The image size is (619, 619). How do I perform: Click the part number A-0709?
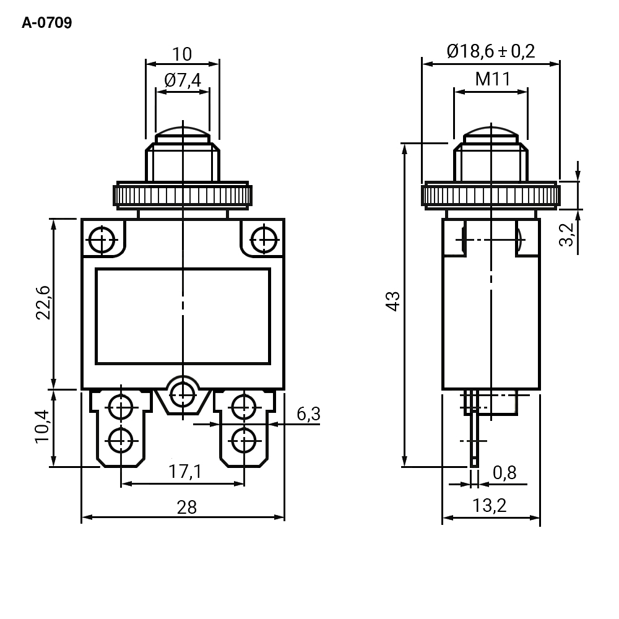pyautogui.click(x=46, y=23)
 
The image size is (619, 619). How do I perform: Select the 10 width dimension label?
pyautogui.click(x=182, y=54)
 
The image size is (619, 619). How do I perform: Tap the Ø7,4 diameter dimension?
pyautogui.click(x=183, y=80)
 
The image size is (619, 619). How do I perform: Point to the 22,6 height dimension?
pyautogui.click(x=43, y=303)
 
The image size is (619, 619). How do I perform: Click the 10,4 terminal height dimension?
pyautogui.click(x=43, y=426)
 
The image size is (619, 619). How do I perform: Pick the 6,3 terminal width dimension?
pyautogui.click(x=308, y=414)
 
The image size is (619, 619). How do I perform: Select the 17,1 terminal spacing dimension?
pyautogui.click(x=184, y=471)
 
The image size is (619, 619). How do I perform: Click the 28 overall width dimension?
pyautogui.click(x=186, y=508)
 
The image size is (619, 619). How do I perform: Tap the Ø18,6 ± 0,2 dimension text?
pyautogui.click(x=491, y=51)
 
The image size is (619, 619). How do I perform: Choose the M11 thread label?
pyautogui.click(x=493, y=79)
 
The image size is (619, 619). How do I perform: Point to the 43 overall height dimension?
pyautogui.click(x=393, y=301)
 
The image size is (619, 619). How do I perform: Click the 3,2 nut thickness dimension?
pyautogui.click(x=566, y=235)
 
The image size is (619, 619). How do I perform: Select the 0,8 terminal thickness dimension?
pyautogui.click(x=504, y=472)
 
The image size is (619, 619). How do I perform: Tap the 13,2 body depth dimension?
pyautogui.click(x=490, y=506)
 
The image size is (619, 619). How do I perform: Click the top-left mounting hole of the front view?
pyautogui.click(x=102, y=240)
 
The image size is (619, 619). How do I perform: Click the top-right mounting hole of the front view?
pyautogui.click(x=264, y=240)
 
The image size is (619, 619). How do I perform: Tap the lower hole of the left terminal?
pyautogui.click(x=121, y=441)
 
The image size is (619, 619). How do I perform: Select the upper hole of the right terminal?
pyautogui.click(x=244, y=407)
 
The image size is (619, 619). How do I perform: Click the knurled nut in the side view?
pyautogui.click(x=491, y=194)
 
